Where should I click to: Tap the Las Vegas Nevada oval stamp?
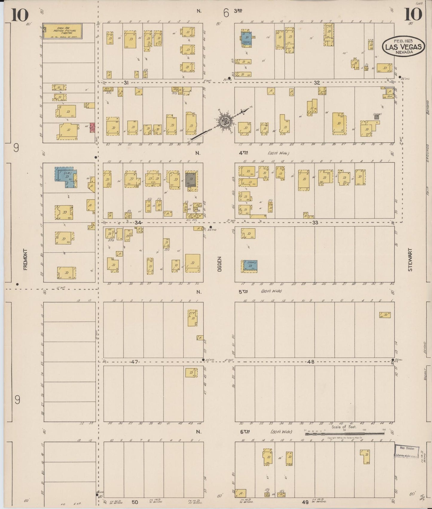[x=404, y=47]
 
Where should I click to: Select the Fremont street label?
[x=25, y=260]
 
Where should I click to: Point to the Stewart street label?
[x=410, y=260]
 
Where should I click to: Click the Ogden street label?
[x=219, y=264]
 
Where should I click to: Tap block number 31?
[x=126, y=83]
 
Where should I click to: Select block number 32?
[x=317, y=83]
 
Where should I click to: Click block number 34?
[x=138, y=223]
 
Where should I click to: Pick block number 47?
[x=134, y=362]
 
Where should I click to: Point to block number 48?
[x=311, y=362]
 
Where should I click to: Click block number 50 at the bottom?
[x=135, y=503]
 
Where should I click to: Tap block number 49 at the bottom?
[x=305, y=503]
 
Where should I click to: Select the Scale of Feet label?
[x=344, y=427]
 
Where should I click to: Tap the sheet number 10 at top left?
[x=20, y=15]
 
